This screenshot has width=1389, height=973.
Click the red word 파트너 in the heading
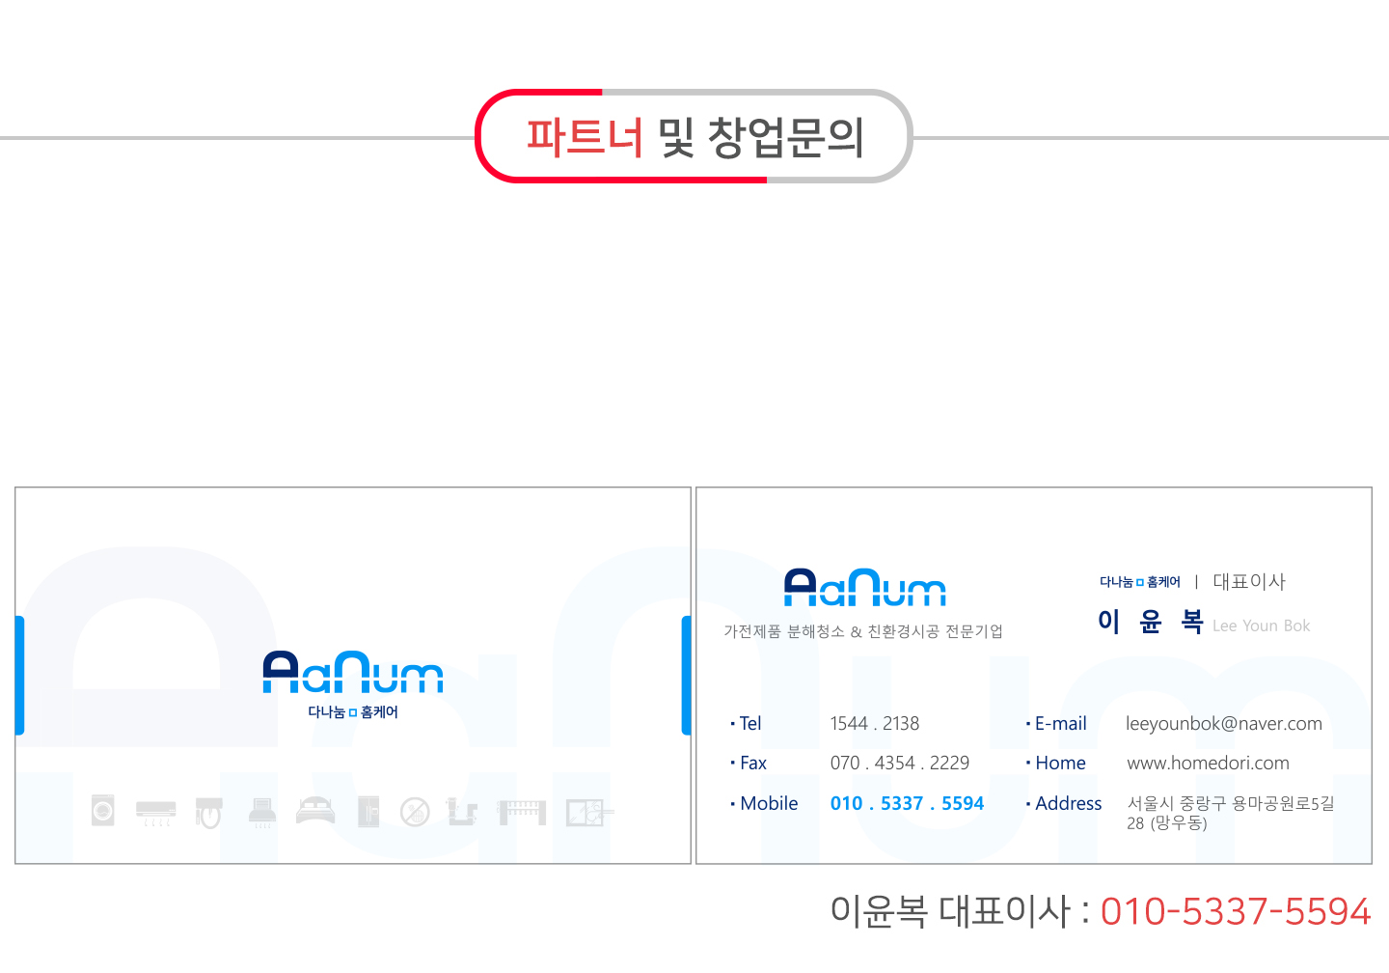click(584, 137)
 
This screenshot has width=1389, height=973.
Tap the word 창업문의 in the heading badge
click(785, 137)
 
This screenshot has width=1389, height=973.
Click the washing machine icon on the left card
click(103, 810)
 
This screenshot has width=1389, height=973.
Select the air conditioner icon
click(155, 812)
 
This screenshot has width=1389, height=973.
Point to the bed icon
click(315, 811)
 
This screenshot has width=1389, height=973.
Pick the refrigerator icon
click(368, 812)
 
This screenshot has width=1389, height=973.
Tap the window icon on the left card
click(586, 812)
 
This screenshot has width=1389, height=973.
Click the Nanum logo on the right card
click(864, 588)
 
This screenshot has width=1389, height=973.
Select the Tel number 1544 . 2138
click(874, 724)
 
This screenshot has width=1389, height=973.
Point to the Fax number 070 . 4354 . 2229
click(899, 764)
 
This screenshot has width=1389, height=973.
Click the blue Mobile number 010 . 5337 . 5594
click(907, 803)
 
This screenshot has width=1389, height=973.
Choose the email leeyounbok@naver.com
click(1223, 724)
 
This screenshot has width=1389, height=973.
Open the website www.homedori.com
click(1208, 764)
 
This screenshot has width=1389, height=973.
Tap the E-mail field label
click(1060, 724)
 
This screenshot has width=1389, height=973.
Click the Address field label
click(1068, 803)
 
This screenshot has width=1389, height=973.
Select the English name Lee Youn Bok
click(1261, 625)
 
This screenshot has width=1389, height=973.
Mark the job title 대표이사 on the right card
click(1248, 581)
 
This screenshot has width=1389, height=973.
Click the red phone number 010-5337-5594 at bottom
click(1235, 911)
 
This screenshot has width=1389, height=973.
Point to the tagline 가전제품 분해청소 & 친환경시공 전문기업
click(863, 631)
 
